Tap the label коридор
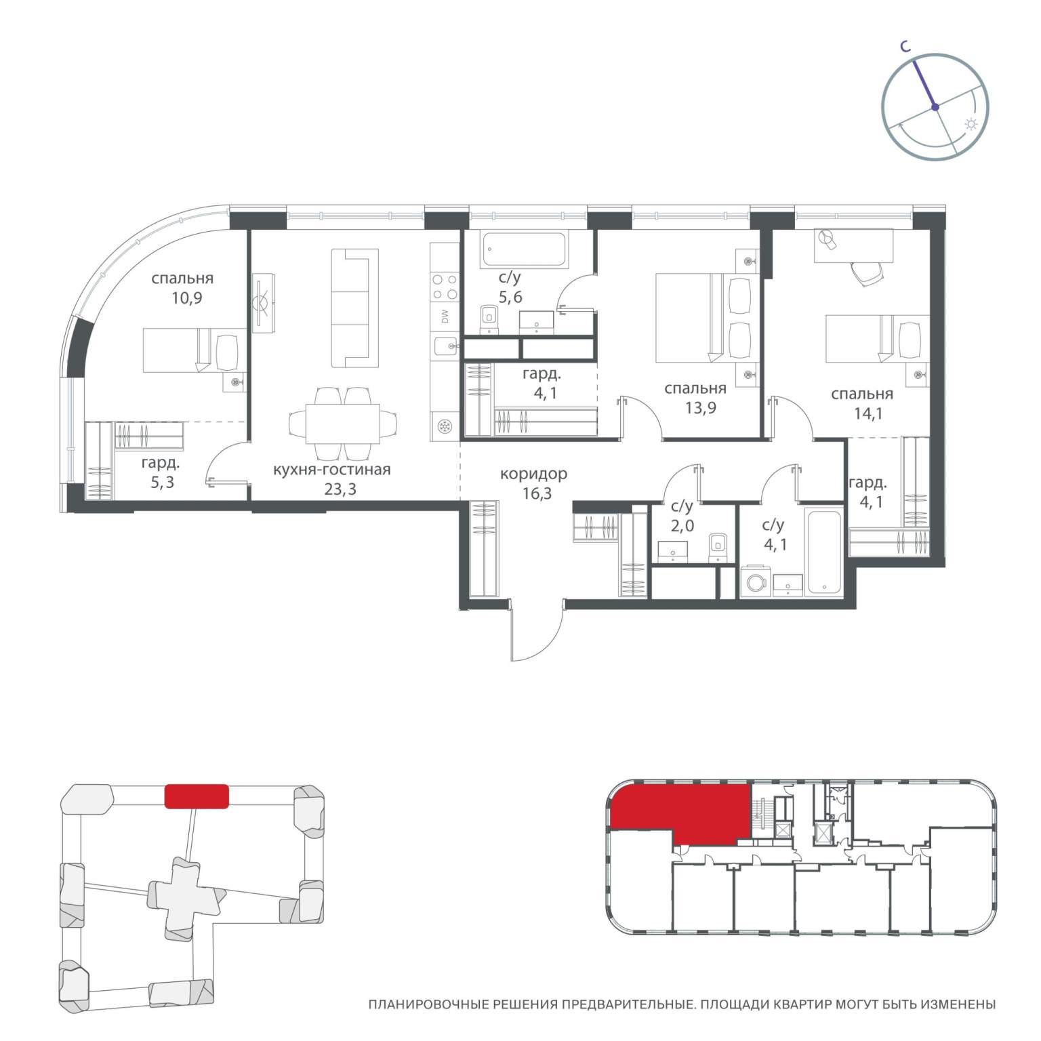(x=533, y=474)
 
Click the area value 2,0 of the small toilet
(x=682, y=525)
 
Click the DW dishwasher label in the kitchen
(x=445, y=317)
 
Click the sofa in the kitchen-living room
(x=354, y=308)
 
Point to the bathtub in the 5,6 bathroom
(x=525, y=249)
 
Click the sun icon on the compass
(x=971, y=125)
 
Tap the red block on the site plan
(x=197, y=796)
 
